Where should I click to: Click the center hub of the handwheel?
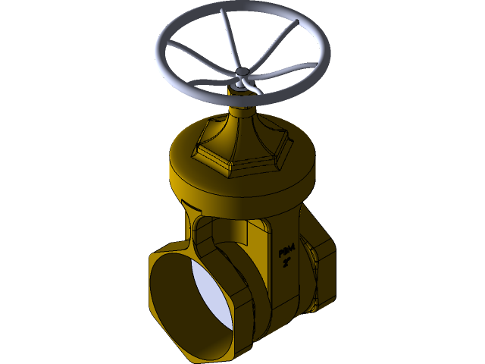tap(242, 74)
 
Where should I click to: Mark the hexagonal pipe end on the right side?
tap(322, 273)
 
